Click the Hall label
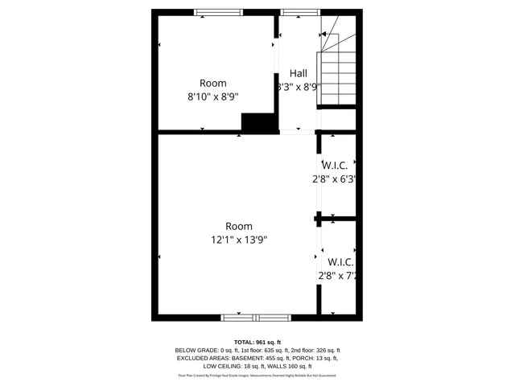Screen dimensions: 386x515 (298, 73)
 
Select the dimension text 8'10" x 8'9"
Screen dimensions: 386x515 (212, 96)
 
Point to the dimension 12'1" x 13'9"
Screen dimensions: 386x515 (238, 239)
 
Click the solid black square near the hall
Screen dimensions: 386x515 (258, 122)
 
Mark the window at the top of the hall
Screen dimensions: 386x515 (298, 12)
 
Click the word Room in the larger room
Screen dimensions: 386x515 (238, 226)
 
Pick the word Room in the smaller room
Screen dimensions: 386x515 (212, 83)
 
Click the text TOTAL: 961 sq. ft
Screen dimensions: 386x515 (257, 343)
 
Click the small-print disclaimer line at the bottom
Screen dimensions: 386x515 (257, 376)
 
